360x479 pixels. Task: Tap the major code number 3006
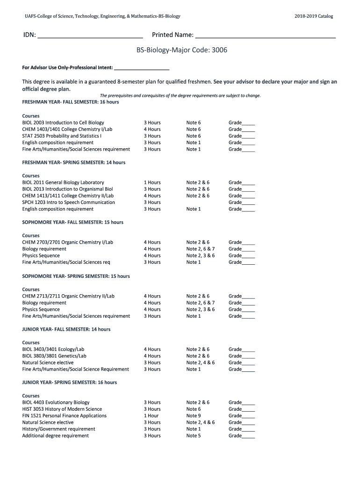tap(219, 50)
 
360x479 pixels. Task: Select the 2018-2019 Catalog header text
tap(314, 16)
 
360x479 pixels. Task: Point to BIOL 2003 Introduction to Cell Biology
tap(63, 123)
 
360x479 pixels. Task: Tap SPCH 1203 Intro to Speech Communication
tap(68, 203)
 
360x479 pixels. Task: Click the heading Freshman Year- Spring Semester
tap(73, 162)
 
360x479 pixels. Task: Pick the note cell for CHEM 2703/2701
tap(198, 242)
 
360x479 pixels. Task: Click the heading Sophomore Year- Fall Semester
tap(72, 222)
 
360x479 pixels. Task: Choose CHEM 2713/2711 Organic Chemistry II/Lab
tap(68, 296)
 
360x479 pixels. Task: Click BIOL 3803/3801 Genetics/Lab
tap(54, 356)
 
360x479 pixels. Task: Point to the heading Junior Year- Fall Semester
tap(66, 329)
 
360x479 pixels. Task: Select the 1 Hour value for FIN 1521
tap(151, 416)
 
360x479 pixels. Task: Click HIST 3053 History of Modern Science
tap(62, 409)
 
